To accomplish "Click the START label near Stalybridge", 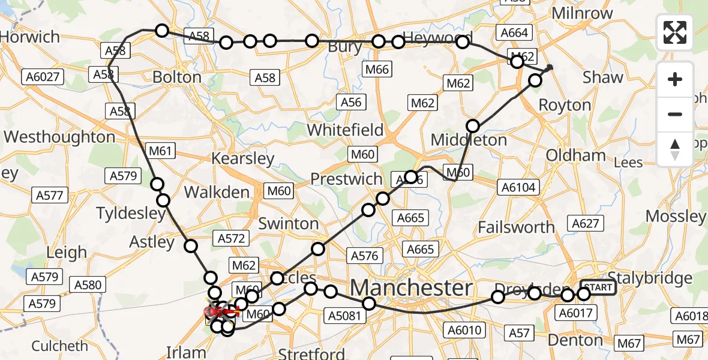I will point(598,288).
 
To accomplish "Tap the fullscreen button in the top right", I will point(675,32).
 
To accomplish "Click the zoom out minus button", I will point(675,114).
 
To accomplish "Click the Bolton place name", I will point(177,77).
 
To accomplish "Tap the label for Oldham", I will point(575,155).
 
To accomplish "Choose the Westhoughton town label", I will point(59,137).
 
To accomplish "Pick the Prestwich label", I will point(346,179).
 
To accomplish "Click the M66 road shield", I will point(377,70).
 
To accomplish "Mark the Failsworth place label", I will point(517,227).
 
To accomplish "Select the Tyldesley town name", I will point(131,214).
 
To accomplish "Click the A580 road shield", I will point(88,284).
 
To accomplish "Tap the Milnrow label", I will point(581,13).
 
